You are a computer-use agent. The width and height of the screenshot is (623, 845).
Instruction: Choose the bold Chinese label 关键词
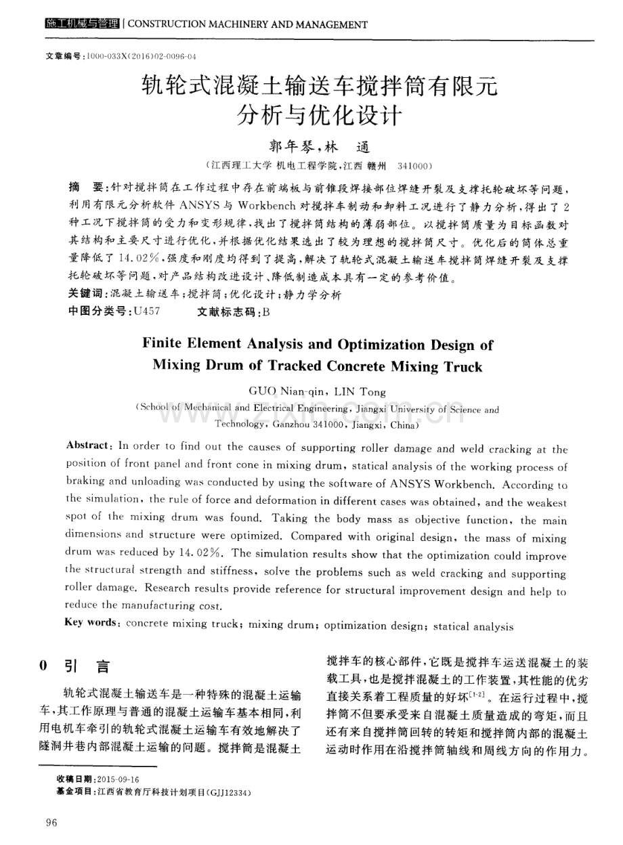click(x=87, y=295)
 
